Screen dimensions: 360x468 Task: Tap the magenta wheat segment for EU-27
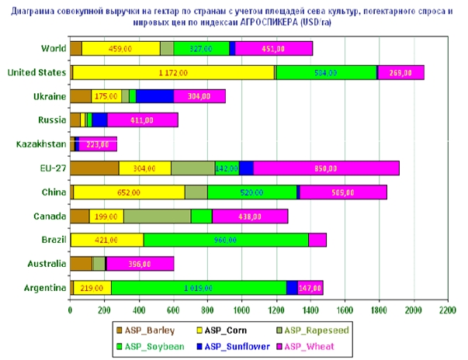(x=326, y=168)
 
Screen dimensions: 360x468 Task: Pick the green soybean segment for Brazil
(x=226, y=240)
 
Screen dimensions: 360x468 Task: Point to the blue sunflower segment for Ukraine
(x=154, y=96)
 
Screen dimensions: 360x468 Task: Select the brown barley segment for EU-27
(x=95, y=168)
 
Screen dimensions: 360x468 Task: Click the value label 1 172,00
(x=172, y=73)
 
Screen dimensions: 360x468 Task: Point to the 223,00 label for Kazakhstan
(x=97, y=144)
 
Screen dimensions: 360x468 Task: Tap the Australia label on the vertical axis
(x=45, y=264)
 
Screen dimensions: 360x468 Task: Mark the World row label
(x=54, y=49)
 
